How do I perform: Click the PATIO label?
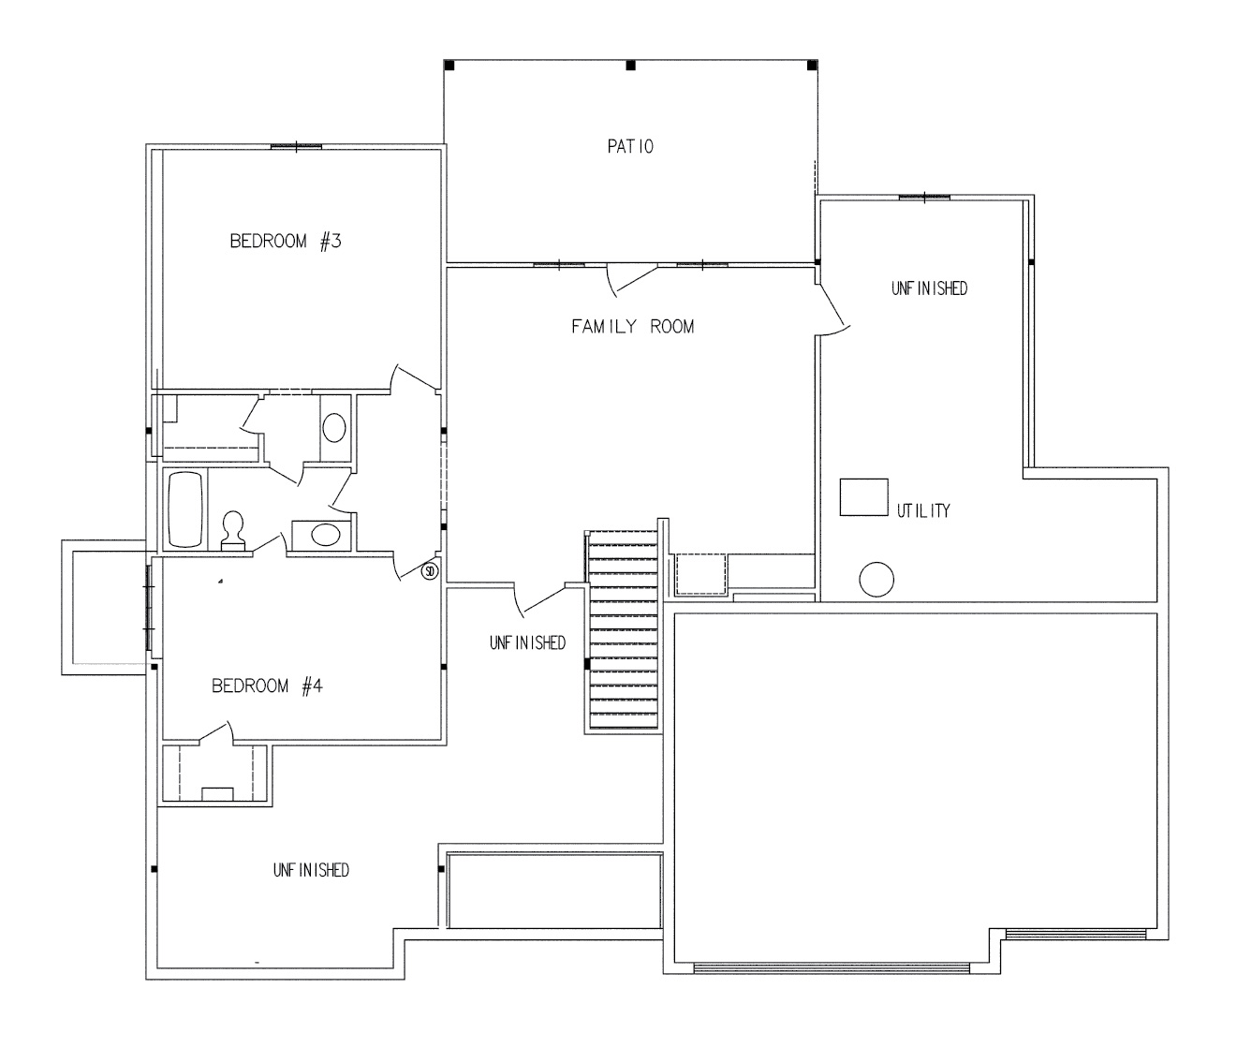tap(630, 147)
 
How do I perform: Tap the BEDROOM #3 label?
tap(286, 242)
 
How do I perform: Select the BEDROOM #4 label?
tap(267, 686)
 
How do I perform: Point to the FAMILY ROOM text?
tap(633, 327)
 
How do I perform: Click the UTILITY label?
tap(923, 510)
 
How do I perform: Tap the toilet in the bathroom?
tap(233, 530)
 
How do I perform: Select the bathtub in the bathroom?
tap(184, 509)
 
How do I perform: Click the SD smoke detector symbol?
tap(430, 571)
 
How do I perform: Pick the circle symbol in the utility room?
tap(876, 580)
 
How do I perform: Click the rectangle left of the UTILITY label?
tap(863, 497)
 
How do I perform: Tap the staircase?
tap(623, 631)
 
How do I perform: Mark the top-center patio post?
tap(630, 66)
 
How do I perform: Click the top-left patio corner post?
tap(449, 66)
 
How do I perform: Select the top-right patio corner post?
tap(812, 66)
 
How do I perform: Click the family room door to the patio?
tap(632, 280)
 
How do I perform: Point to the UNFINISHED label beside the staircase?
tap(527, 643)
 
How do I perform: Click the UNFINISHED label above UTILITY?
tap(930, 288)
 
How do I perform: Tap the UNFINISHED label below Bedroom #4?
tap(311, 870)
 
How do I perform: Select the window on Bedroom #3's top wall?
tap(296, 147)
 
